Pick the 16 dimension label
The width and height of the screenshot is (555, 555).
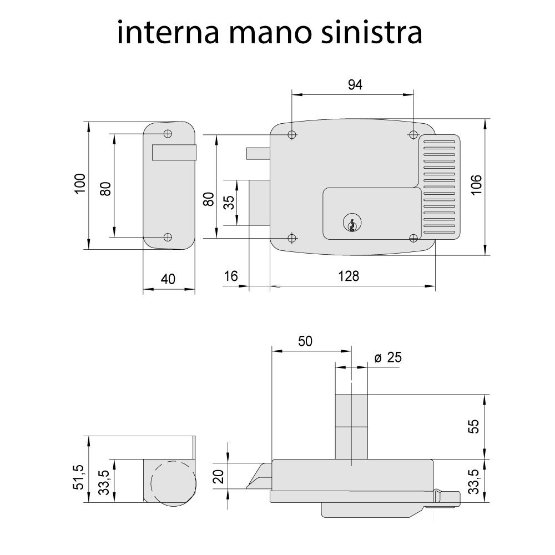click(x=231, y=276)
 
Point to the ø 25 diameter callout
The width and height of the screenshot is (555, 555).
click(x=387, y=357)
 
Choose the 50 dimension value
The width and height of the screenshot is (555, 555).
click(x=305, y=341)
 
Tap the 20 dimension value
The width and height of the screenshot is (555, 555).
click(x=219, y=476)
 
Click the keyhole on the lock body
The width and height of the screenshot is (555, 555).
click(x=350, y=223)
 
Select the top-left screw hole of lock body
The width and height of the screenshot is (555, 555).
click(x=292, y=135)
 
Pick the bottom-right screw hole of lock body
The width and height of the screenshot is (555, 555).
click(x=413, y=238)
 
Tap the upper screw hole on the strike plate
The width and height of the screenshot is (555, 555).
click(x=168, y=134)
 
